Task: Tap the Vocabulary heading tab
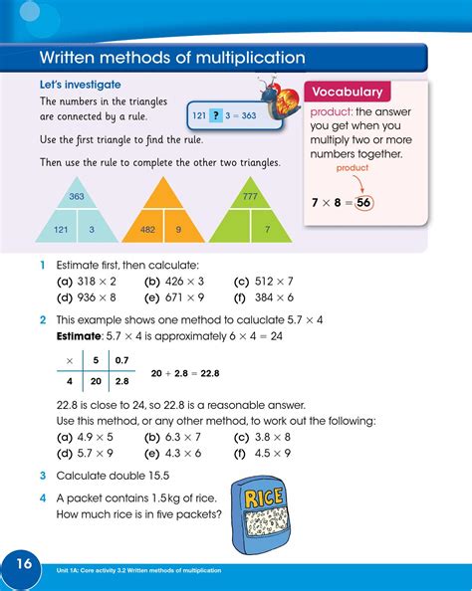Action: click(x=348, y=92)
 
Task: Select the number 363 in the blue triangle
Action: click(x=77, y=196)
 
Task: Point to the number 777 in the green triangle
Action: click(x=250, y=196)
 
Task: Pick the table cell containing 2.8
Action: click(x=121, y=380)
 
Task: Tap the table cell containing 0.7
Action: click(x=121, y=359)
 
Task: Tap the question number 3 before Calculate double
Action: click(x=43, y=476)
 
